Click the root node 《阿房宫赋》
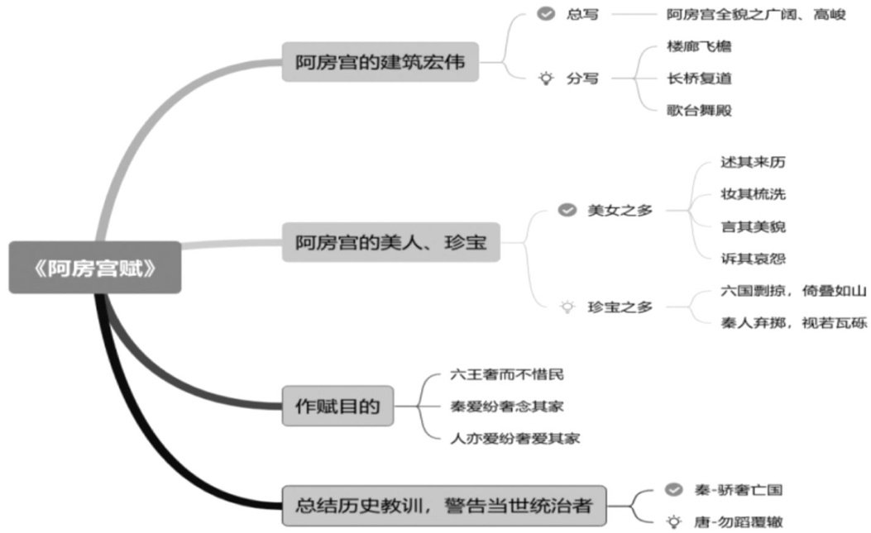tap(95, 268)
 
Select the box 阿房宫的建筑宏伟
tap(380, 62)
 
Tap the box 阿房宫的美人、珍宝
tap(390, 242)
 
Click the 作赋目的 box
tap(337, 406)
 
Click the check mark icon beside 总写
tap(545, 14)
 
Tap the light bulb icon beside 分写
tap(545, 79)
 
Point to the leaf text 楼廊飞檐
tap(699, 46)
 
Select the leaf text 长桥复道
tap(699, 79)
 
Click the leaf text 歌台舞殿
tap(699, 110)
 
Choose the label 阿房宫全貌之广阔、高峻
tap(756, 14)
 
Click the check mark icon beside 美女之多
tap(567, 210)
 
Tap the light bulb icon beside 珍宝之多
tap(567, 307)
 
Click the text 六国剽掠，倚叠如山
tap(793, 291)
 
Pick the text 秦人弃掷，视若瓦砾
tap(793, 322)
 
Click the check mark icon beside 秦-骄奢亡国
tap(673, 490)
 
